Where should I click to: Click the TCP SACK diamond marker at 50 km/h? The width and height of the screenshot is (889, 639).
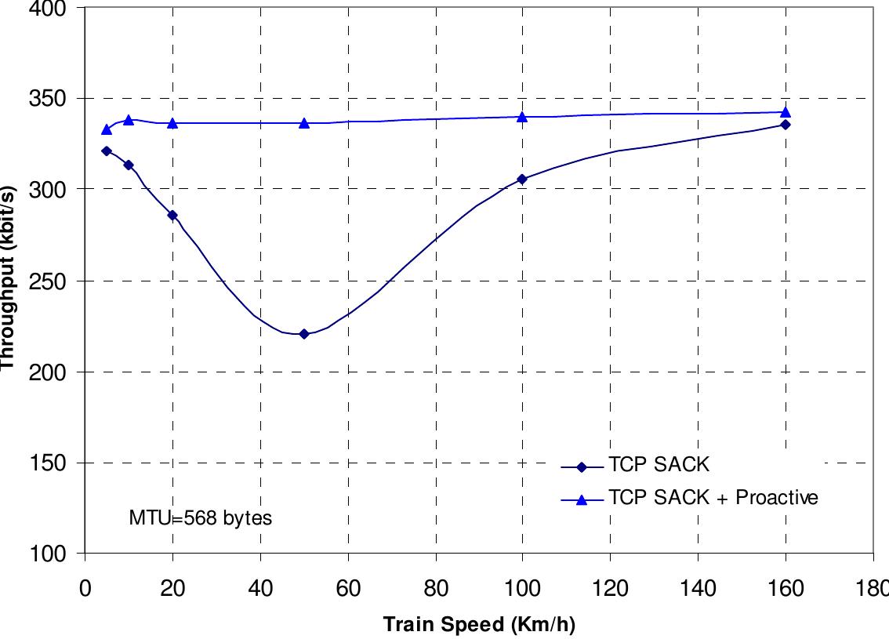click(304, 334)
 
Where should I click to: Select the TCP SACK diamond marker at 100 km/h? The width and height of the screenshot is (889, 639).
click(522, 180)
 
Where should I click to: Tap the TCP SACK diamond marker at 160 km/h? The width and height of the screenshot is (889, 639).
click(786, 125)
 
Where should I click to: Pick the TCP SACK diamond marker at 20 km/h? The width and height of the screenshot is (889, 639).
click(172, 215)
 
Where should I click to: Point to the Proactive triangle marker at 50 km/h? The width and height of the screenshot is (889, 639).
click(304, 123)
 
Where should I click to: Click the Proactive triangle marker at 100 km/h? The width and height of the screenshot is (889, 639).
click(522, 117)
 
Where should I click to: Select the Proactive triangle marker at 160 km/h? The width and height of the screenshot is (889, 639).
click(786, 112)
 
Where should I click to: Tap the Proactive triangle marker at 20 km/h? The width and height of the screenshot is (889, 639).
click(172, 123)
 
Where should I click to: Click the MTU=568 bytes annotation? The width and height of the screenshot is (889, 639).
click(201, 518)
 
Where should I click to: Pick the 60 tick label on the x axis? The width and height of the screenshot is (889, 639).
click(347, 588)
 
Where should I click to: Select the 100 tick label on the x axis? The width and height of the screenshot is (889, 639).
click(522, 588)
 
